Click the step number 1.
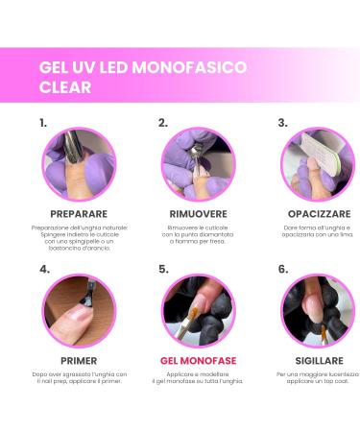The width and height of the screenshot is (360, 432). click(43, 123)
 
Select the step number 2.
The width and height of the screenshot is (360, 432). click(163, 123)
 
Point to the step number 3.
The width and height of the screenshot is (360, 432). click(282, 123)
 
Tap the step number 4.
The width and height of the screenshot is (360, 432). click(44, 270)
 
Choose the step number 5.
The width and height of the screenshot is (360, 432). click(163, 270)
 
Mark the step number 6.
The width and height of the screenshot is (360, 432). click(282, 270)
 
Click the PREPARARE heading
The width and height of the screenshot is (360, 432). click(78, 212)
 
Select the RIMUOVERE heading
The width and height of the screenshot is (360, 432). click(198, 212)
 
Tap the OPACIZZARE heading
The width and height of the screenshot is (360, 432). click(317, 212)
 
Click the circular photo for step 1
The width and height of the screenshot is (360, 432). click(78, 164)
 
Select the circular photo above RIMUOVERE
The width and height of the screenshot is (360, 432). click(198, 164)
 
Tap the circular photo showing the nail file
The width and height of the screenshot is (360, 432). click(317, 164)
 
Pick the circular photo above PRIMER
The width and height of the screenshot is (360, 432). click(78, 311)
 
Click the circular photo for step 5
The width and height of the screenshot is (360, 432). click(198, 311)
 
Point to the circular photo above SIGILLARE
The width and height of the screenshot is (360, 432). click(317, 311)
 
